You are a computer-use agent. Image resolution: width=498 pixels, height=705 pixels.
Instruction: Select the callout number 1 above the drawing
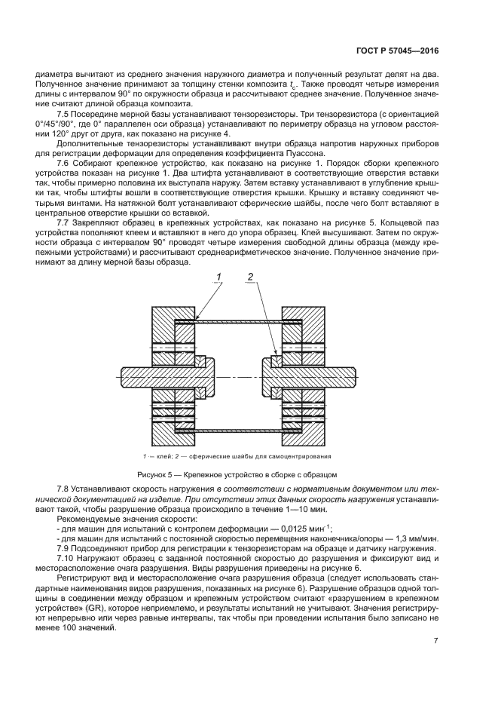click(219, 278)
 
